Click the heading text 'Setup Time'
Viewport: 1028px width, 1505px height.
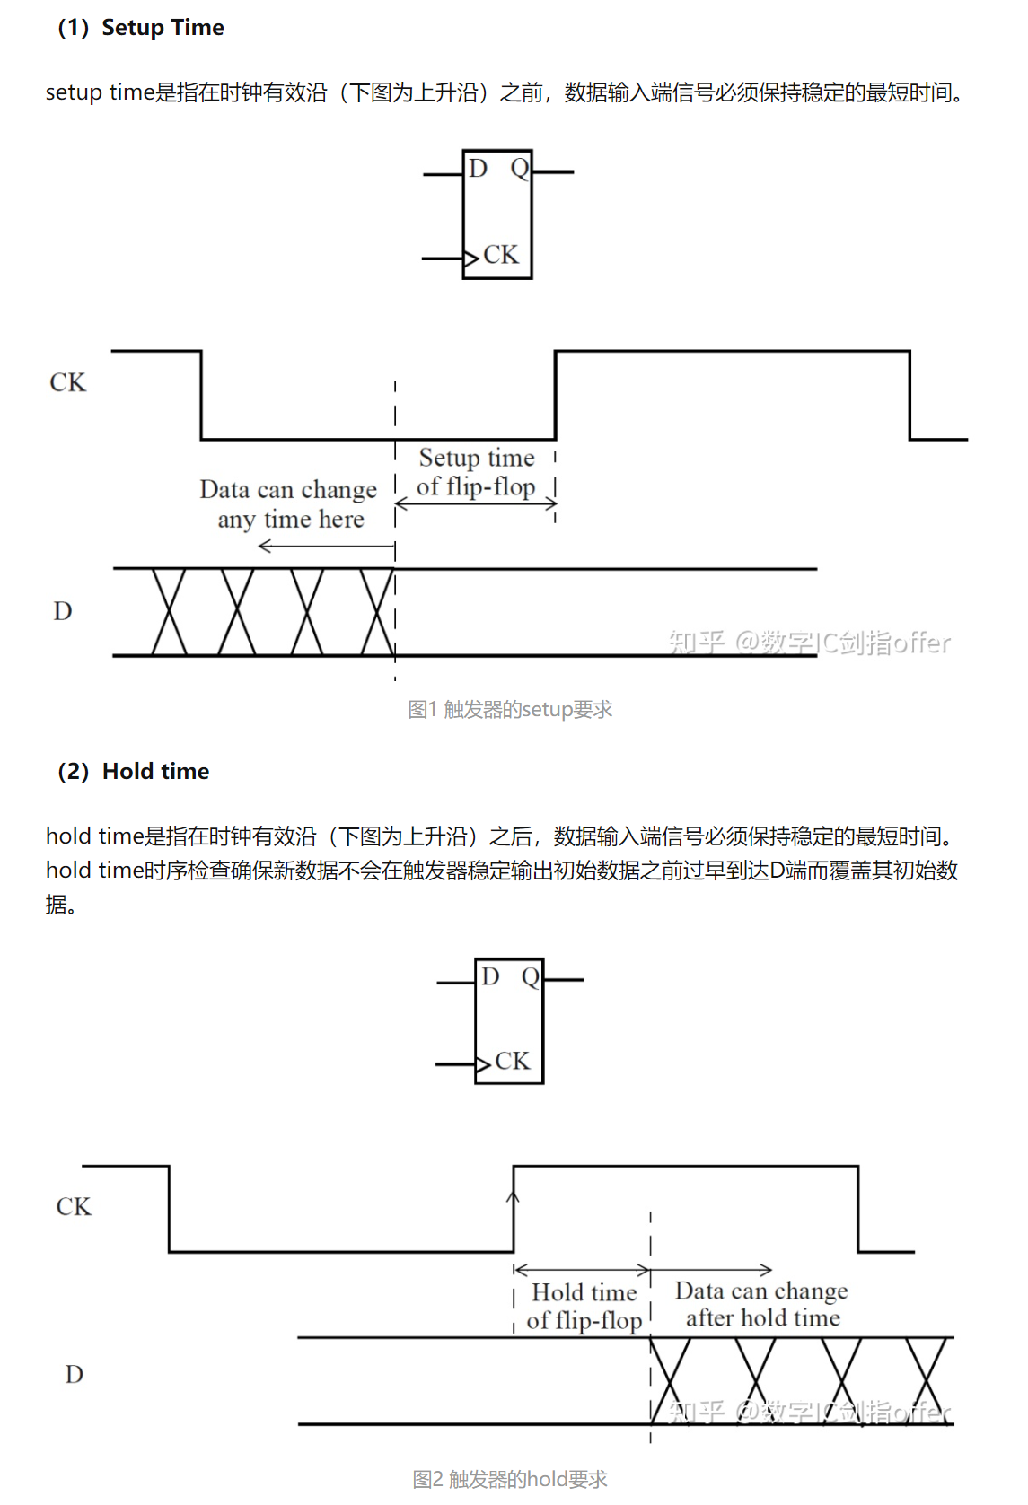pos(163,28)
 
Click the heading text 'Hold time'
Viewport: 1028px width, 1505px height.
pos(155,772)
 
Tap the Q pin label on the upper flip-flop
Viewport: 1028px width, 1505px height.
pos(519,169)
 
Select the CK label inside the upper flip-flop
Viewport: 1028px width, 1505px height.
pos(500,256)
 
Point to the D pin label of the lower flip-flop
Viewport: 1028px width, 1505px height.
pos(489,976)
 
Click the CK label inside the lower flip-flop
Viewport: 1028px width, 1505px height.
pos(512,1062)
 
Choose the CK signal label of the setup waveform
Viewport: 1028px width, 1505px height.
pos(68,383)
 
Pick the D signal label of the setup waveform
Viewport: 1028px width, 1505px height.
pos(63,612)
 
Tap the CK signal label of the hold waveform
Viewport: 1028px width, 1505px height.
pos(74,1207)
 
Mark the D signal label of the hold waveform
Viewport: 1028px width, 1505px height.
pos(75,1375)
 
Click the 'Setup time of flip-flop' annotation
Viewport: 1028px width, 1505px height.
pos(476,473)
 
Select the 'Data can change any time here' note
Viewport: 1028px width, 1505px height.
pos(289,504)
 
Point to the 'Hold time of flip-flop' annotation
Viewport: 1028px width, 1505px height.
pos(584,1307)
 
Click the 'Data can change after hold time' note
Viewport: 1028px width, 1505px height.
pos(762,1304)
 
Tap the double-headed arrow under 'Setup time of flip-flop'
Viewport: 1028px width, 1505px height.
pos(476,504)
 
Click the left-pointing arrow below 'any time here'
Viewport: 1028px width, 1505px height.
pos(326,546)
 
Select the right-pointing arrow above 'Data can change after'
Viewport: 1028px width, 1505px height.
pos(711,1270)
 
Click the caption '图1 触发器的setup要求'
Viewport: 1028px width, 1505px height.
pos(510,710)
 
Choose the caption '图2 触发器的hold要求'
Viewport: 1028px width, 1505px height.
pos(510,1479)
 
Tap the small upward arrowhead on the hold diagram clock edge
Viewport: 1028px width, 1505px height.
pos(514,1196)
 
